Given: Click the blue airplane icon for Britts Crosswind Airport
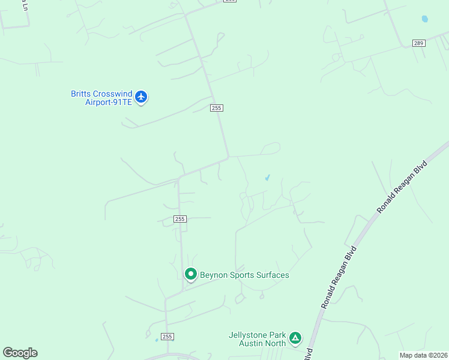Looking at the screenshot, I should click(x=141, y=97).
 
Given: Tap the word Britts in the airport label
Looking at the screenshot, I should click(x=81, y=94).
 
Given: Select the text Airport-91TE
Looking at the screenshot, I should click(x=108, y=102).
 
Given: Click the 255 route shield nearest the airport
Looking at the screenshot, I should click(x=217, y=108).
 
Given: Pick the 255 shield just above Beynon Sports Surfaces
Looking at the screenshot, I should click(x=180, y=219).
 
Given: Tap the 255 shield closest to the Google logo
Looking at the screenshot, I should click(x=167, y=337).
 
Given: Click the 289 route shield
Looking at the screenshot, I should click(x=419, y=43).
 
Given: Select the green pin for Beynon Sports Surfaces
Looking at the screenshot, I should click(x=191, y=274).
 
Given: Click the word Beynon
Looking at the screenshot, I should click(x=214, y=275).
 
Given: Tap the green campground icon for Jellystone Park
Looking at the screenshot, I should click(x=295, y=338).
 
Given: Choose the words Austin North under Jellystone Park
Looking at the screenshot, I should click(x=262, y=344).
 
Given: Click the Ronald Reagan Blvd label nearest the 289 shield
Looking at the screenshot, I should click(x=402, y=187).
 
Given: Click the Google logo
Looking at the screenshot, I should click(x=20, y=353).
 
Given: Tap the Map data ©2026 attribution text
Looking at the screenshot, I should click(x=424, y=355).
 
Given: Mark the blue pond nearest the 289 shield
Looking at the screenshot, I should click(x=425, y=19).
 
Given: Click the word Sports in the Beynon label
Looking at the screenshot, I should click(x=242, y=275).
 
